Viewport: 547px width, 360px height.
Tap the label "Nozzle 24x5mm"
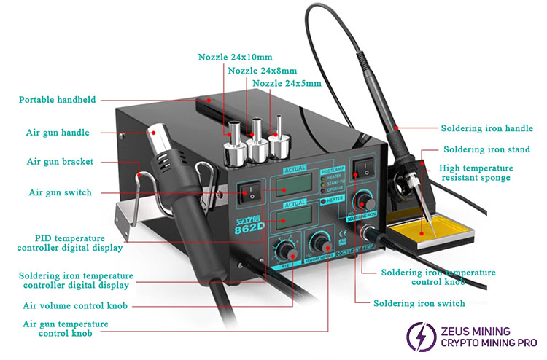point(287,84)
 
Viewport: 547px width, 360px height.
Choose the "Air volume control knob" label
point(75,306)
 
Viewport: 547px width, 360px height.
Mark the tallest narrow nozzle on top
point(277,137)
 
